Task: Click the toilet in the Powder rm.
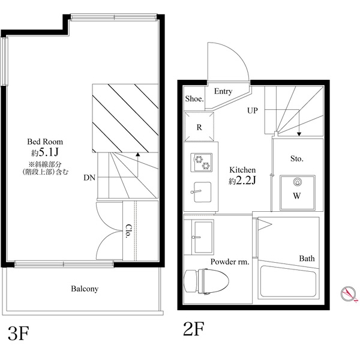(206, 282)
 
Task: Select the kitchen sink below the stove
(202, 192)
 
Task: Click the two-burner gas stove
(202, 163)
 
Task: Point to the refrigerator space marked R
(199, 127)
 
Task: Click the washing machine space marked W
(298, 193)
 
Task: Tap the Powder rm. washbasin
(203, 237)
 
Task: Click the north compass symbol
(349, 294)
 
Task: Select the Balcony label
(85, 289)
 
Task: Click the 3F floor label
(19, 334)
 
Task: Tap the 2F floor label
(194, 329)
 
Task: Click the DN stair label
(89, 178)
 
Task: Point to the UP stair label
(253, 110)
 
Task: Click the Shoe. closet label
(194, 99)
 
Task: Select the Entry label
(223, 91)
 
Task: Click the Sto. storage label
(297, 158)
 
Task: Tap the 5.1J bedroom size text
(49, 152)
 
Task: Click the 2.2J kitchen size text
(245, 181)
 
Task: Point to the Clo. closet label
(128, 231)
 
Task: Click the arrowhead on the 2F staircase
(299, 134)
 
